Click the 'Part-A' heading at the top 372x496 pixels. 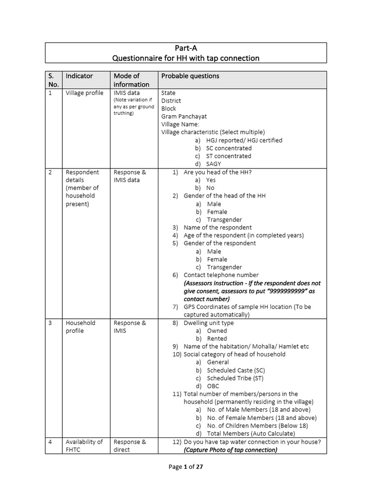[x=186, y=48]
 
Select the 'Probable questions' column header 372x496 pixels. [x=190, y=76]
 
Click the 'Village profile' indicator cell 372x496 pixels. [x=84, y=93]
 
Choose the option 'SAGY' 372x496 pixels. [x=214, y=164]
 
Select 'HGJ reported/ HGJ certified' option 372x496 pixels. [x=244, y=140]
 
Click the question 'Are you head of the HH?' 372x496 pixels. [x=217, y=172]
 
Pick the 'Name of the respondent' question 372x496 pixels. [x=217, y=228]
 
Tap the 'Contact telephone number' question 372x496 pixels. [x=221, y=275]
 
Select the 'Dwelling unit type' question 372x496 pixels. [x=208, y=323]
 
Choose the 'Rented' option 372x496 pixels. [x=217, y=339]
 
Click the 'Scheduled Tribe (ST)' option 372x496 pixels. [x=235, y=378]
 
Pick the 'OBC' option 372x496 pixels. [x=213, y=386]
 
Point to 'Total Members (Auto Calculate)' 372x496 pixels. [x=250, y=434]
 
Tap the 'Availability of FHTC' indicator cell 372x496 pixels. [x=84, y=446]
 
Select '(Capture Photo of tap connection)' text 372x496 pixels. [x=230, y=449]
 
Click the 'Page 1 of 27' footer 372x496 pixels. [x=186, y=467]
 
